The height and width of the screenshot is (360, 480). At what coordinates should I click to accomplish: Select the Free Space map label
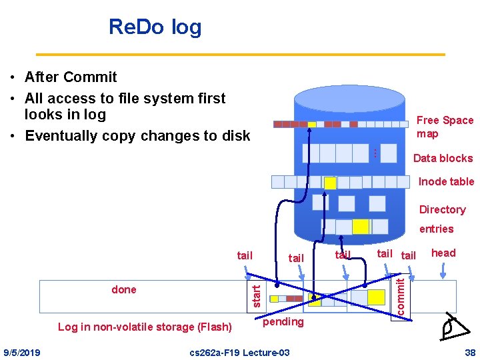(x=445, y=127)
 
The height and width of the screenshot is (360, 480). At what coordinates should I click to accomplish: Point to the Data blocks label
(x=443, y=158)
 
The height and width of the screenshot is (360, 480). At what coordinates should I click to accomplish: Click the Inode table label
(x=446, y=181)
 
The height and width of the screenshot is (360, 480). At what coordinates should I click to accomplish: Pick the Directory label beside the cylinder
(x=442, y=209)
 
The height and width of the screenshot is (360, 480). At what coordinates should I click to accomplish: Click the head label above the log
(x=443, y=253)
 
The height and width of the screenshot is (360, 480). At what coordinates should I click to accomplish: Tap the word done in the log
(x=124, y=289)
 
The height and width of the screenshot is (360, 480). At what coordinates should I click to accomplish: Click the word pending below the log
(x=283, y=322)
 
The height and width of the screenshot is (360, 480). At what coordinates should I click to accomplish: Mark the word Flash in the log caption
(x=215, y=327)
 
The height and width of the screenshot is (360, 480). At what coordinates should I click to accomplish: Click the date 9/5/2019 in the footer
(x=21, y=352)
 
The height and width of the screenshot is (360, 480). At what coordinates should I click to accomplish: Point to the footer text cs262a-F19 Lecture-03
(x=239, y=352)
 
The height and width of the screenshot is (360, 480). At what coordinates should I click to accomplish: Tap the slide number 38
(x=470, y=352)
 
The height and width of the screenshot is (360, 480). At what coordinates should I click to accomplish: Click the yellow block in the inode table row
(x=330, y=183)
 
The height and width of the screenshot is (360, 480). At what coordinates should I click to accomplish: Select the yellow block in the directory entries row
(x=361, y=227)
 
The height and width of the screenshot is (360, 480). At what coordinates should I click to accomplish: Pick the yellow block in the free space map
(x=311, y=124)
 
